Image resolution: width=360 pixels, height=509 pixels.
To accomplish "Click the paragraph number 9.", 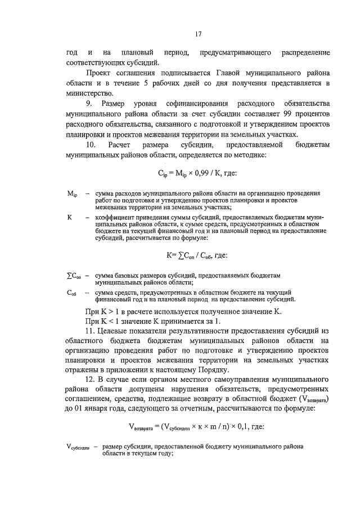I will pos(89,105).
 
